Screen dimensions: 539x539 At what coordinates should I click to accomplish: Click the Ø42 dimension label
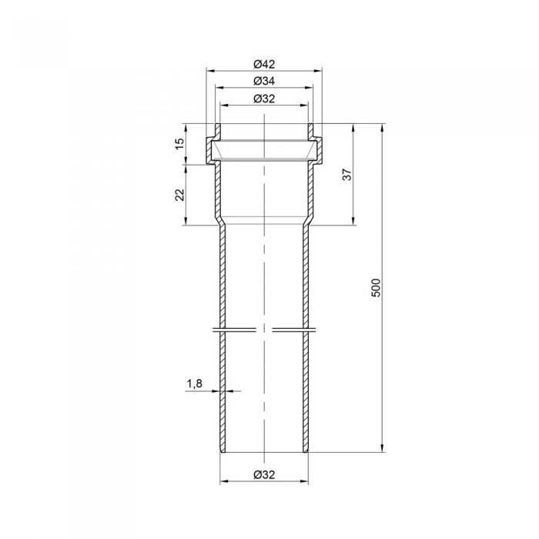pos(264,64)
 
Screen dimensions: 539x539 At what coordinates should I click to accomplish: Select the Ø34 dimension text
pos(264,81)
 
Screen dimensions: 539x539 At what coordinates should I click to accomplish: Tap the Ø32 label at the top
pos(264,99)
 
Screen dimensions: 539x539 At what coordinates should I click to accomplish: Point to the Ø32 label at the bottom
pos(264,475)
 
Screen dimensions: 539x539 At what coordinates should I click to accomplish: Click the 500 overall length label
pos(377,288)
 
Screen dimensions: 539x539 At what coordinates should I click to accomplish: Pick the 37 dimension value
pos(348,174)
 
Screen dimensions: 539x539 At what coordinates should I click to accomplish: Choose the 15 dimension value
pos(180,144)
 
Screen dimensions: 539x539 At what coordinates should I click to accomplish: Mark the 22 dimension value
pos(180,195)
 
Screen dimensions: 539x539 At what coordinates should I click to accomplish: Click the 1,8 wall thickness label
pos(195,383)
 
